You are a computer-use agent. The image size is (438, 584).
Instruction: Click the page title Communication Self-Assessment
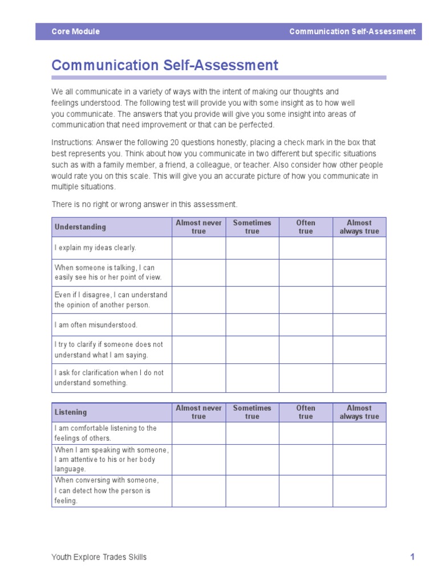165,65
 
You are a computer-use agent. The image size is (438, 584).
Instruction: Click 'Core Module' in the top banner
75,31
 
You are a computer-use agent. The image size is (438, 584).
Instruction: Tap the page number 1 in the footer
412,557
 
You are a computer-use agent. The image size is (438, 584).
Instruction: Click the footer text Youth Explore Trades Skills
99,557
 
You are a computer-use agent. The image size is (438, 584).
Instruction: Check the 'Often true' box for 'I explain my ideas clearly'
306,248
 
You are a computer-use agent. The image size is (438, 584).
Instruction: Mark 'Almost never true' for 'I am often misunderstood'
198,325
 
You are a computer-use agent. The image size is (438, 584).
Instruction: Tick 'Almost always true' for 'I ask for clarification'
359,378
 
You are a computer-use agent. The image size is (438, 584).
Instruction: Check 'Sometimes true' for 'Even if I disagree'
252,299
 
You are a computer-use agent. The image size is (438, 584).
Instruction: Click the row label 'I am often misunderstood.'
96,325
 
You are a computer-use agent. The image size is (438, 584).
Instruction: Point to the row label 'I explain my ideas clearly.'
95,248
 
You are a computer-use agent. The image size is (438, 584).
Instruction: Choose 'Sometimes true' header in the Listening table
252,412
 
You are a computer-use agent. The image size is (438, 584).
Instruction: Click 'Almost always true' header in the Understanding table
359,227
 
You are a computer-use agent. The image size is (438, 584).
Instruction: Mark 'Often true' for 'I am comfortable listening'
306,433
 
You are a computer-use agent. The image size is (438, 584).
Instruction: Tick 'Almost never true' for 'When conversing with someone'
198,490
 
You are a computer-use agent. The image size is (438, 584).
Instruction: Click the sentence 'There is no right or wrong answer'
144,204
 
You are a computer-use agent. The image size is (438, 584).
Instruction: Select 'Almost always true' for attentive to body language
359,460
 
